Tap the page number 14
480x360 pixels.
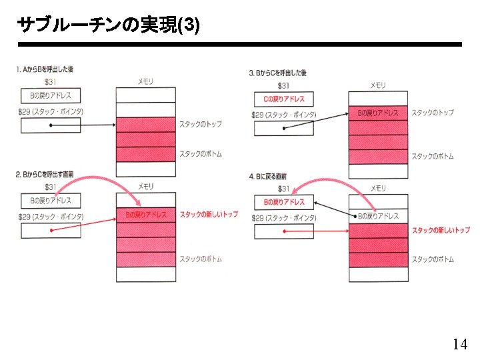(x=459, y=344)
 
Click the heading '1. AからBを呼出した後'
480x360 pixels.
(x=45, y=69)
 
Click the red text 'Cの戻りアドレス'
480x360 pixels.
(x=284, y=99)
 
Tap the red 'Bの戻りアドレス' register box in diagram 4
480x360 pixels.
(x=284, y=202)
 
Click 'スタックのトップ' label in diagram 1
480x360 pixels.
(x=200, y=124)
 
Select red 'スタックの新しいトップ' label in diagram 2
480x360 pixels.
(x=209, y=215)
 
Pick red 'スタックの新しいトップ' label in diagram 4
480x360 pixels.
(x=441, y=230)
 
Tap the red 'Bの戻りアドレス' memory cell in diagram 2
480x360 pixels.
(x=146, y=215)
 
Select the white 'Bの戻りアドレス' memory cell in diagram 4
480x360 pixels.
(x=378, y=216)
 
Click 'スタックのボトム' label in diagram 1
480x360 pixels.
(x=200, y=154)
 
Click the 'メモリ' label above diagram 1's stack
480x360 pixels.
(x=145, y=81)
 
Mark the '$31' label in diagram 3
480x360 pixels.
(x=284, y=85)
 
